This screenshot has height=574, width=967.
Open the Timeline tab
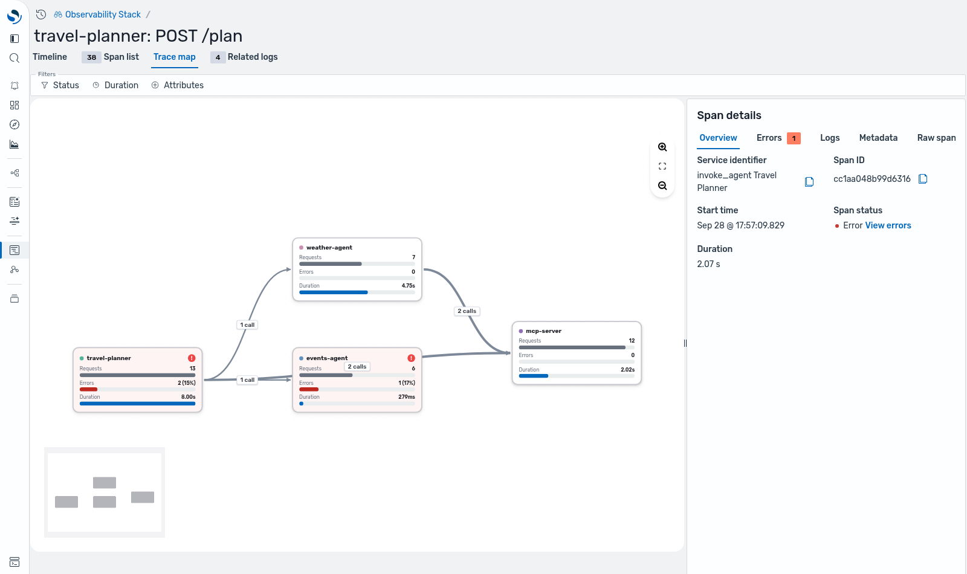pyautogui.click(x=50, y=57)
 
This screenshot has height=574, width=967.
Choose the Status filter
pyautogui.click(x=60, y=85)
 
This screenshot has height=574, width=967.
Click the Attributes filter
pyautogui.click(x=178, y=85)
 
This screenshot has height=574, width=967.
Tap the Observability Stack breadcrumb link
pyautogui.click(x=103, y=15)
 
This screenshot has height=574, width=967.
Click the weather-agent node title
pyautogui.click(x=329, y=248)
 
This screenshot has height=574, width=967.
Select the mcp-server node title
pyautogui.click(x=543, y=331)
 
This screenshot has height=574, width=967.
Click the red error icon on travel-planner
pyautogui.click(x=192, y=358)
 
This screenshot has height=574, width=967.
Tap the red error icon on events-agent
pyautogui.click(x=411, y=358)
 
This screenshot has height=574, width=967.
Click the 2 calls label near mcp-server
pyautogui.click(x=467, y=311)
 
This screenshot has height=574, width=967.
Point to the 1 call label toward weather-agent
pyautogui.click(x=247, y=325)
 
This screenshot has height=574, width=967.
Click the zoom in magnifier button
pyautogui.click(x=662, y=147)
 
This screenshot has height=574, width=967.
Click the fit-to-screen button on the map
pyautogui.click(x=662, y=167)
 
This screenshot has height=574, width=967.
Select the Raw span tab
pyautogui.click(x=936, y=138)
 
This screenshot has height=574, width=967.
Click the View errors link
pyautogui.click(x=888, y=226)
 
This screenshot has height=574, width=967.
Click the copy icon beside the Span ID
pyautogui.click(x=922, y=179)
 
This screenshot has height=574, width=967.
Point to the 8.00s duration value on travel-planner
pyautogui.click(x=188, y=397)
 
